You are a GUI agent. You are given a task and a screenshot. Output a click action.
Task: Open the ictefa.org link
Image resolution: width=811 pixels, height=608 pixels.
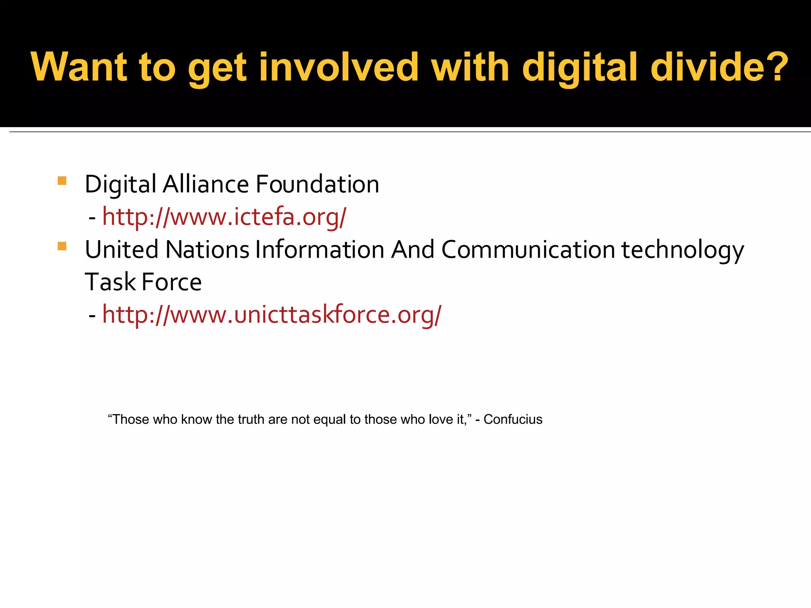pos(224,217)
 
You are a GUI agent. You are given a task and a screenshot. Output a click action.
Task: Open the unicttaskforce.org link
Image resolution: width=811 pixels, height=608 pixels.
pos(272,315)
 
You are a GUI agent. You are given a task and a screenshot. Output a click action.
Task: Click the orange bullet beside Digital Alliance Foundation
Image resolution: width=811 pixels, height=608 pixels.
pos(62,181)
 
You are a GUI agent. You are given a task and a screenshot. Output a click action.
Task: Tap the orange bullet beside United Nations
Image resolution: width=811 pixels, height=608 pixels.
pos(62,247)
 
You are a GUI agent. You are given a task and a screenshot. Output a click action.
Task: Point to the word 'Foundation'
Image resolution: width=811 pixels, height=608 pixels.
pos(317,184)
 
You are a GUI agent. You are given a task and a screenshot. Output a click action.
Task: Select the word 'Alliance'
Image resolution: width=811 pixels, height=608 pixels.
pos(206,184)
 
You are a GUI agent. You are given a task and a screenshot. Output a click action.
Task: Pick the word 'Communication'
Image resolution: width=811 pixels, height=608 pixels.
pos(528,250)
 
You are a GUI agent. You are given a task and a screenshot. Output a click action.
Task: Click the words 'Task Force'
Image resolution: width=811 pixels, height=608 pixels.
pos(143,283)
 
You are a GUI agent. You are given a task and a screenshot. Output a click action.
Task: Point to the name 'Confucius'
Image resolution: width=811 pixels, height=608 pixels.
pos(513,420)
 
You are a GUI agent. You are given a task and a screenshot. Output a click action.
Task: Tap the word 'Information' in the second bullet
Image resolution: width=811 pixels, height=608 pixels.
pos(320,250)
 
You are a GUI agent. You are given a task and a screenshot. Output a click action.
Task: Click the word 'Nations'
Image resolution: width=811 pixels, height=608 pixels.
pos(207,250)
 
